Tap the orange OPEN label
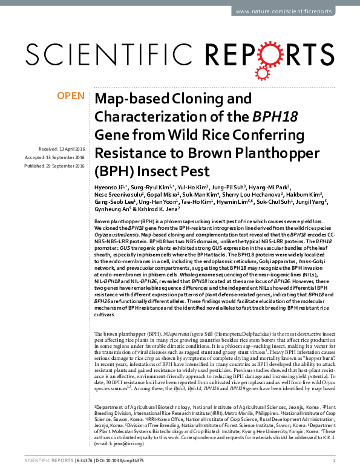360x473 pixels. point(70,97)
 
